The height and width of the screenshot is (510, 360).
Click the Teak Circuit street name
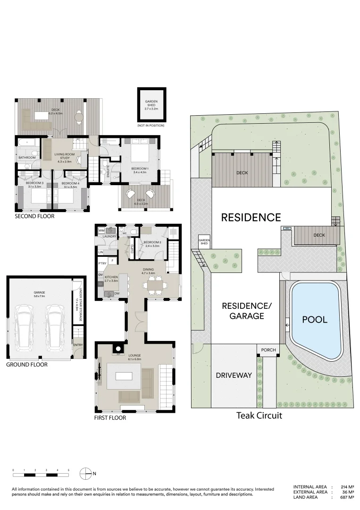(259, 416)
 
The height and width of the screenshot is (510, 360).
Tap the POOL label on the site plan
(314, 319)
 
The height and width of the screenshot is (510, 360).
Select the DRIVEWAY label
(234, 375)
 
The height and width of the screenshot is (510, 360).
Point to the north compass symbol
(86, 473)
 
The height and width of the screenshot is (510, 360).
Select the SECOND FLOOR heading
(34, 216)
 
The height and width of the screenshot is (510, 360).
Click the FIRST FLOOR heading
(110, 418)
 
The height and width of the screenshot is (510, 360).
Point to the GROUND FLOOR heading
(27, 365)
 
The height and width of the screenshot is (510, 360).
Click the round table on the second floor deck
(79, 116)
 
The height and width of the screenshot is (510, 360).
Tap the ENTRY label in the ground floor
(77, 345)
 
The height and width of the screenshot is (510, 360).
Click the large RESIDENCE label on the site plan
(251, 217)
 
